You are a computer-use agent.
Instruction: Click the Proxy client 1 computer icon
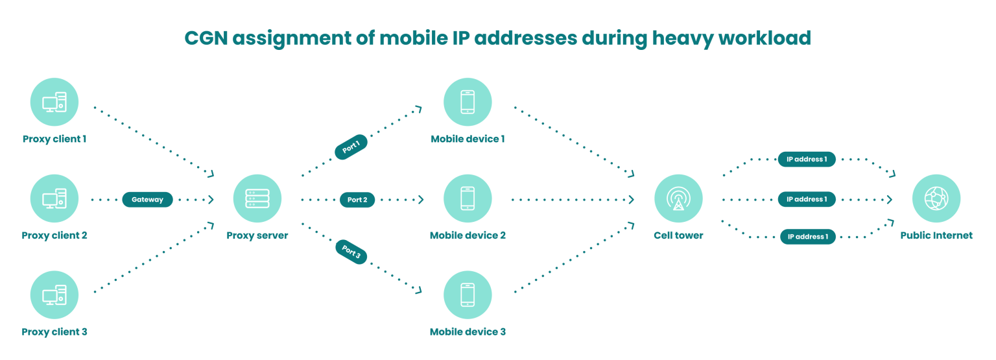[54, 102]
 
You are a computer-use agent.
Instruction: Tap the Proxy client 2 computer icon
[54, 198]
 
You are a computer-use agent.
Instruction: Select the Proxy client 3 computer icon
[54, 295]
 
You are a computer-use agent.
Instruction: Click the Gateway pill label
[147, 199]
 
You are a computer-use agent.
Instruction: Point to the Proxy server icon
[257, 198]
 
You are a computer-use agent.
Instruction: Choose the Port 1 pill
[351, 147]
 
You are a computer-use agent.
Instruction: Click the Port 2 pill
[357, 200]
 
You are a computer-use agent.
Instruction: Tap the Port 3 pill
[351, 252]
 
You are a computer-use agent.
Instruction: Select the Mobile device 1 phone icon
[468, 102]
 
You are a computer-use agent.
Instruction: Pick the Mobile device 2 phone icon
[468, 198]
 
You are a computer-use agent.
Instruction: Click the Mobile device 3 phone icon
[468, 295]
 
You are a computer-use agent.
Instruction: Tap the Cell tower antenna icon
[678, 198]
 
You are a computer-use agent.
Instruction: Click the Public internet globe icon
[936, 198]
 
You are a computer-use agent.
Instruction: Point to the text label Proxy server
[257, 235]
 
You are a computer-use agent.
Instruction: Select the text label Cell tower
[678, 235]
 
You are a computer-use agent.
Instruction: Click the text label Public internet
[936, 235]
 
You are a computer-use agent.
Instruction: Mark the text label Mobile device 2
[468, 235]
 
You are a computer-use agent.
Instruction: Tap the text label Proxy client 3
[54, 332]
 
